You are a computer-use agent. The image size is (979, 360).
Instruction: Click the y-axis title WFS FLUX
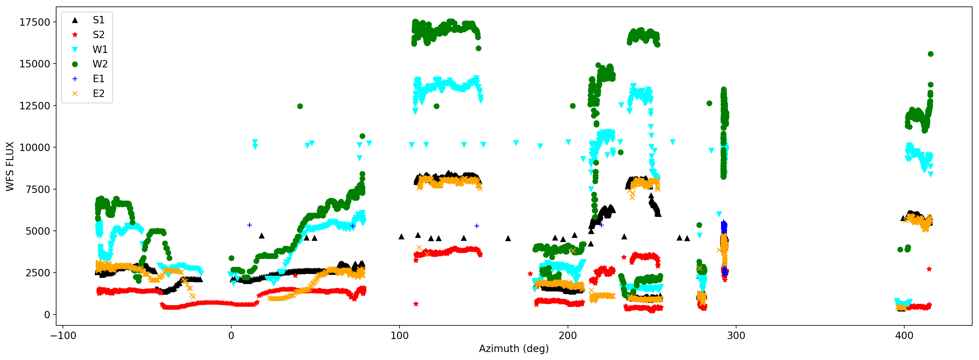coord(10,166)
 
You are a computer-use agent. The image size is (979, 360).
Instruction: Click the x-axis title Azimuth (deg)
coord(514,348)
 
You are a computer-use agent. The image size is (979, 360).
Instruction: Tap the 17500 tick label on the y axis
coord(35,22)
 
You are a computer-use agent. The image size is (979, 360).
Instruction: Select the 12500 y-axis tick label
coord(35,106)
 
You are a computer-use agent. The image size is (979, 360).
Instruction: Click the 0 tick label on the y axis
coord(47,315)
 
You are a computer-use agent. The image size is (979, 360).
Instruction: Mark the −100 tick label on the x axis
coord(63,336)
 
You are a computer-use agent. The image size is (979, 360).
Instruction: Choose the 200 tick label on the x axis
coord(568,336)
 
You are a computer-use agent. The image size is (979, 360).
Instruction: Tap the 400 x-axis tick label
coord(904,336)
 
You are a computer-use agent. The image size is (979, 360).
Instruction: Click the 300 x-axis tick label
coord(736,336)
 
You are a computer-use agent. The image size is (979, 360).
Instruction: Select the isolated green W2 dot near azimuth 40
coord(300,106)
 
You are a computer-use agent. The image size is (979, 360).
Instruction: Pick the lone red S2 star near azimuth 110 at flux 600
coord(416,304)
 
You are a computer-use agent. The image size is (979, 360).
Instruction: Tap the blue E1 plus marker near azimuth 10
coord(249,225)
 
